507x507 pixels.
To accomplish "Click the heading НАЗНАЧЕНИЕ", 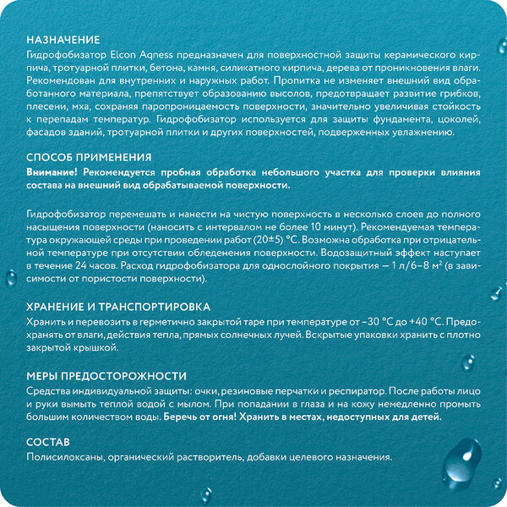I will click(63, 40).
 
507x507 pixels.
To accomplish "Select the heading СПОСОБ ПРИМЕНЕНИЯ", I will click(89, 157).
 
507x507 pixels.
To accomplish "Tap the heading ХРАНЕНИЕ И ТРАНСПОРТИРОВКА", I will click(118, 307).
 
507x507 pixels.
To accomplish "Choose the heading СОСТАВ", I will click(48, 442).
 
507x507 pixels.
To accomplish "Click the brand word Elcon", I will click(127, 54).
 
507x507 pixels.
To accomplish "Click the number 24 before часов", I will click(90, 264).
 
